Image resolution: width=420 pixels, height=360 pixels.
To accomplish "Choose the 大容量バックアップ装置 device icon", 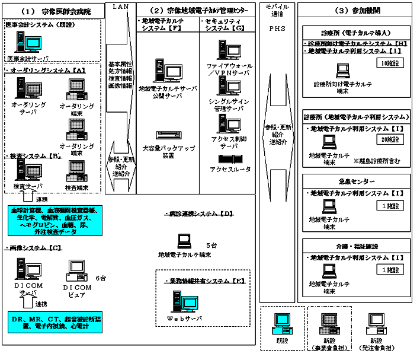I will (x=165, y=135).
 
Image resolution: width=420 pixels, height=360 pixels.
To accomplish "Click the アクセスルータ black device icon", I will (x=228, y=159).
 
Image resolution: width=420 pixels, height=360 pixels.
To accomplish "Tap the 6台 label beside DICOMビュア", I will (x=101, y=278).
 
